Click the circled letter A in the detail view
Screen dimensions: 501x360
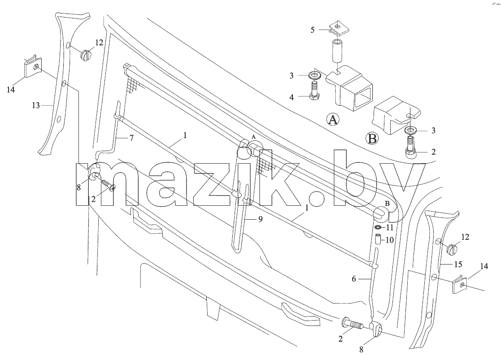pyautogui.click(x=333, y=120)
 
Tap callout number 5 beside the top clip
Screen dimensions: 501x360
pyautogui.click(x=313, y=30)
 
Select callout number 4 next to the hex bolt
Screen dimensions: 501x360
pyautogui.click(x=292, y=97)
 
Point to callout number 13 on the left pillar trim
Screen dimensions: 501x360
pyautogui.click(x=36, y=105)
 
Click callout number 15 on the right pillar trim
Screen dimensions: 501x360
pyautogui.click(x=458, y=265)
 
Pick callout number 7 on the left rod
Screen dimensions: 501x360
pyautogui.click(x=131, y=138)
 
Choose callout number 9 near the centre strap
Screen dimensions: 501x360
pyautogui.click(x=261, y=219)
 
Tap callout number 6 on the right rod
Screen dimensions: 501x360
pyautogui.click(x=354, y=279)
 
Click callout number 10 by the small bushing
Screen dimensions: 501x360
pyautogui.click(x=389, y=240)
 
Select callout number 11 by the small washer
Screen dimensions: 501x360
pyautogui.click(x=389, y=228)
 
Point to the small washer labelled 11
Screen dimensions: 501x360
pyautogui.click(x=377, y=227)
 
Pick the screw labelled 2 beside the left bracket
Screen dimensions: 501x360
pyautogui.click(x=109, y=185)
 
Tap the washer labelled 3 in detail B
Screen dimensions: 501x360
pyautogui.click(x=410, y=130)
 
